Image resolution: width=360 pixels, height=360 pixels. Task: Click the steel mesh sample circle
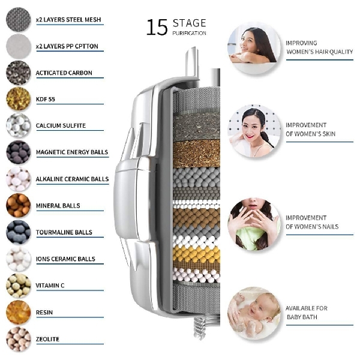point(19,19)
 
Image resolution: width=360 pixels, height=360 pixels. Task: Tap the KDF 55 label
point(46,99)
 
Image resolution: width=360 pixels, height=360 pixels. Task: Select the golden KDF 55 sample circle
point(19,99)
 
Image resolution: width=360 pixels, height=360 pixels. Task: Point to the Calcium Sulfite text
point(61,125)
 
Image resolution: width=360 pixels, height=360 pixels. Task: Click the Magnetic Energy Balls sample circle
point(19,152)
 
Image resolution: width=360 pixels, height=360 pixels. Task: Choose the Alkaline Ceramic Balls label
point(73,179)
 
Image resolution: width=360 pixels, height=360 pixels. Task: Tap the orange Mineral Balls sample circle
point(19,205)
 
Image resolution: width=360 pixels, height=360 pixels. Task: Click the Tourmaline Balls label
point(64,232)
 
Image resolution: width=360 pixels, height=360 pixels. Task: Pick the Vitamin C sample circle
point(19,286)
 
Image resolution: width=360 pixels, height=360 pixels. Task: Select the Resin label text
point(44,312)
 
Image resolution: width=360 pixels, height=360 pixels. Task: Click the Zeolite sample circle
point(19,339)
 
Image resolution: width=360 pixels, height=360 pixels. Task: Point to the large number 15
point(157,28)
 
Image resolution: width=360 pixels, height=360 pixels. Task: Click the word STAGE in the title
point(190,23)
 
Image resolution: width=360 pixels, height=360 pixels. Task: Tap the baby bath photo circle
point(254,313)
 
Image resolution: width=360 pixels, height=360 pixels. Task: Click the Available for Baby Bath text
point(307,313)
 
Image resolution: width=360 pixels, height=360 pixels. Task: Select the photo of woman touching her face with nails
point(254,224)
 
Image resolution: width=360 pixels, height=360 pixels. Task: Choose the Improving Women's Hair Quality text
point(319,47)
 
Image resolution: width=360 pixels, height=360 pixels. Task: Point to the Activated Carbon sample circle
point(19,73)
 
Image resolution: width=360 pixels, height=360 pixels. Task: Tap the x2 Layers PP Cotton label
point(67,46)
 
